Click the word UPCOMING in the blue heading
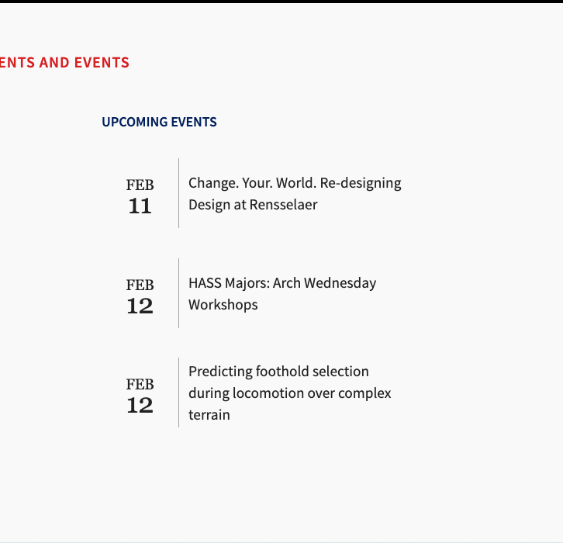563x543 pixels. [134, 122]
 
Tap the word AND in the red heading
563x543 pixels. [54, 63]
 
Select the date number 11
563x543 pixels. [140, 206]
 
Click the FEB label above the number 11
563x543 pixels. [140, 185]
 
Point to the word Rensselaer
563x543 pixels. [283, 205]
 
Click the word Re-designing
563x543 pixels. [361, 184]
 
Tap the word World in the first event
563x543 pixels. [296, 183]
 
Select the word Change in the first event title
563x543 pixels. [213, 184]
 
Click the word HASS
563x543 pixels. [205, 283]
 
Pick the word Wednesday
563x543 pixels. [340, 283]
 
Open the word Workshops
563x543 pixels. [223, 305]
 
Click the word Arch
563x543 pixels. [286, 283]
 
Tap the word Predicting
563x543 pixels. [220, 372]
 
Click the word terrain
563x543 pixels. [209, 415]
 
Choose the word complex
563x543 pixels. [364, 393]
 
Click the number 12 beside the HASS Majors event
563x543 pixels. [140, 306]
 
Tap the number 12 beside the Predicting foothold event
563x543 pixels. [140, 406]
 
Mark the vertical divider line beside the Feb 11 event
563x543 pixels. [178, 193]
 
